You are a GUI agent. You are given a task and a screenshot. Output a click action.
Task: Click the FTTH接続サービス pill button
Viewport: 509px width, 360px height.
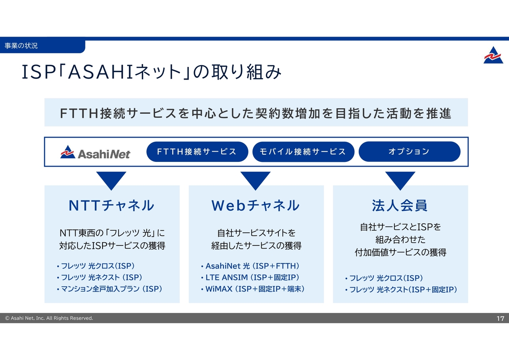(x=197, y=152)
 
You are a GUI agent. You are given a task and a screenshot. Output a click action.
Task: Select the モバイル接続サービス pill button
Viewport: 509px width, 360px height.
(x=303, y=152)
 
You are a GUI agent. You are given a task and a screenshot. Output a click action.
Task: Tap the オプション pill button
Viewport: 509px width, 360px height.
(x=409, y=152)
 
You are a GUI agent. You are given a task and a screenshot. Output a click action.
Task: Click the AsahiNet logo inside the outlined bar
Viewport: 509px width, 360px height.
(x=95, y=152)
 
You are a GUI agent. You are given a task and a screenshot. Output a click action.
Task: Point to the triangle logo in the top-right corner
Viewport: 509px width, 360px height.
(x=493, y=55)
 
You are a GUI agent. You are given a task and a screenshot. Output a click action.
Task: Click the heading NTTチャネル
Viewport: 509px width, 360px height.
(x=111, y=205)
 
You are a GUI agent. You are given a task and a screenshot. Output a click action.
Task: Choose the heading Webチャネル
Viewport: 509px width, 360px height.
(x=255, y=205)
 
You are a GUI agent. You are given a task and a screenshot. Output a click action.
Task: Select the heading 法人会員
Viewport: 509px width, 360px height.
(x=400, y=205)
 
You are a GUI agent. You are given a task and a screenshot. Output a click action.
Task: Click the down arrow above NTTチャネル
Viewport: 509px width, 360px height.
(x=111, y=180)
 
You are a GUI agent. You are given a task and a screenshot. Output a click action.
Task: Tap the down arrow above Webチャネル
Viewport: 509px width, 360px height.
(x=255, y=180)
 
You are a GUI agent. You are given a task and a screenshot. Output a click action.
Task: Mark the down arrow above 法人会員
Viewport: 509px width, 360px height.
(x=400, y=180)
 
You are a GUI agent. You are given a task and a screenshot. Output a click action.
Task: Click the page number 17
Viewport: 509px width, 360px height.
(x=500, y=318)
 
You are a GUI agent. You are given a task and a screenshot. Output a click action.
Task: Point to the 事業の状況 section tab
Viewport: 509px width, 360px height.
(x=21, y=46)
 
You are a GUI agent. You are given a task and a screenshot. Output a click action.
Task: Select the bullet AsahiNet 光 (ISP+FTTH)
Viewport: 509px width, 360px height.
(x=252, y=266)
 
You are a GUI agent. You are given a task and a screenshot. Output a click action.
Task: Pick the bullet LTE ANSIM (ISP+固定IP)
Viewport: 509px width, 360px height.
(x=252, y=277)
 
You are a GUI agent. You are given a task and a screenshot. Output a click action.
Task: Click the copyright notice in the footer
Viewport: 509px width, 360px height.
(x=49, y=318)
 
